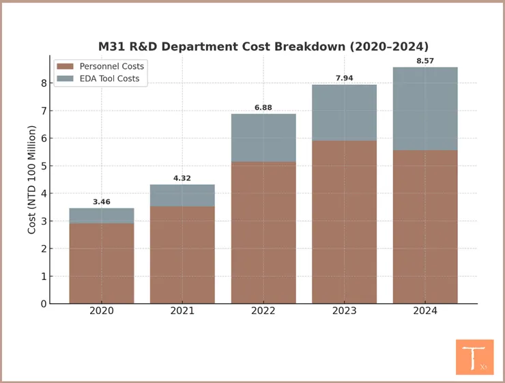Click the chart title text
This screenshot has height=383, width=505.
tap(263, 46)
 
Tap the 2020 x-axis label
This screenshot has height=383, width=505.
tap(102, 311)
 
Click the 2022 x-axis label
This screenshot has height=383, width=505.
tap(263, 311)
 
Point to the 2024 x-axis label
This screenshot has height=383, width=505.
tap(425, 311)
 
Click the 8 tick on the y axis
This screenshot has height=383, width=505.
tap(44, 83)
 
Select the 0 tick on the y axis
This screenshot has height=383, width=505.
tap(44, 304)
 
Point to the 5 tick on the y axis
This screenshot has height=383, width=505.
tap(44, 166)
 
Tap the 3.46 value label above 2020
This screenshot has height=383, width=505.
tap(102, 202)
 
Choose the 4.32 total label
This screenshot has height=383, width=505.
tap(182, 178)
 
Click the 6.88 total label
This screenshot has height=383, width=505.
tap(263, 108)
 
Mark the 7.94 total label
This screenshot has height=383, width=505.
tap(344, 79)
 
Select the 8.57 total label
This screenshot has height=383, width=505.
tap(425, 61)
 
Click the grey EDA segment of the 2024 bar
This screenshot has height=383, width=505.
tap(425, 109)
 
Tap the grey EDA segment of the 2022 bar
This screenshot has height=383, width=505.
tap(263, 138)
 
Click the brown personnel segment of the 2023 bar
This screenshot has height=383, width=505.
tap(344, 222)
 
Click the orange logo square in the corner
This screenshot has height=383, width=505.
tap(474, 356)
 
